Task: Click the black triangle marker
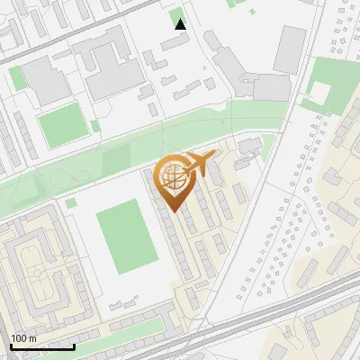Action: point(181,24)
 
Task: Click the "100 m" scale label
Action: point(22,337)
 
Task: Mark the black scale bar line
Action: point(42,346)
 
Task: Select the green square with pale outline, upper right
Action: point(320,92)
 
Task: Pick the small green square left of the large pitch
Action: point(71,202)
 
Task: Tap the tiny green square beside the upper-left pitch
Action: point(94,125)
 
